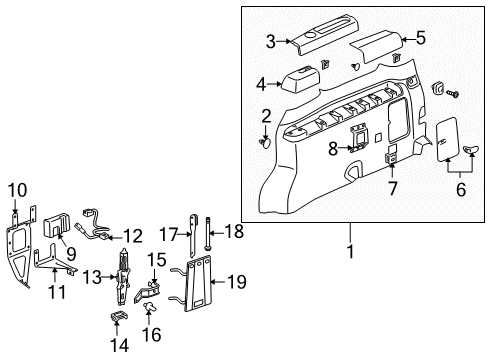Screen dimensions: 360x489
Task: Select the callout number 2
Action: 267,116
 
